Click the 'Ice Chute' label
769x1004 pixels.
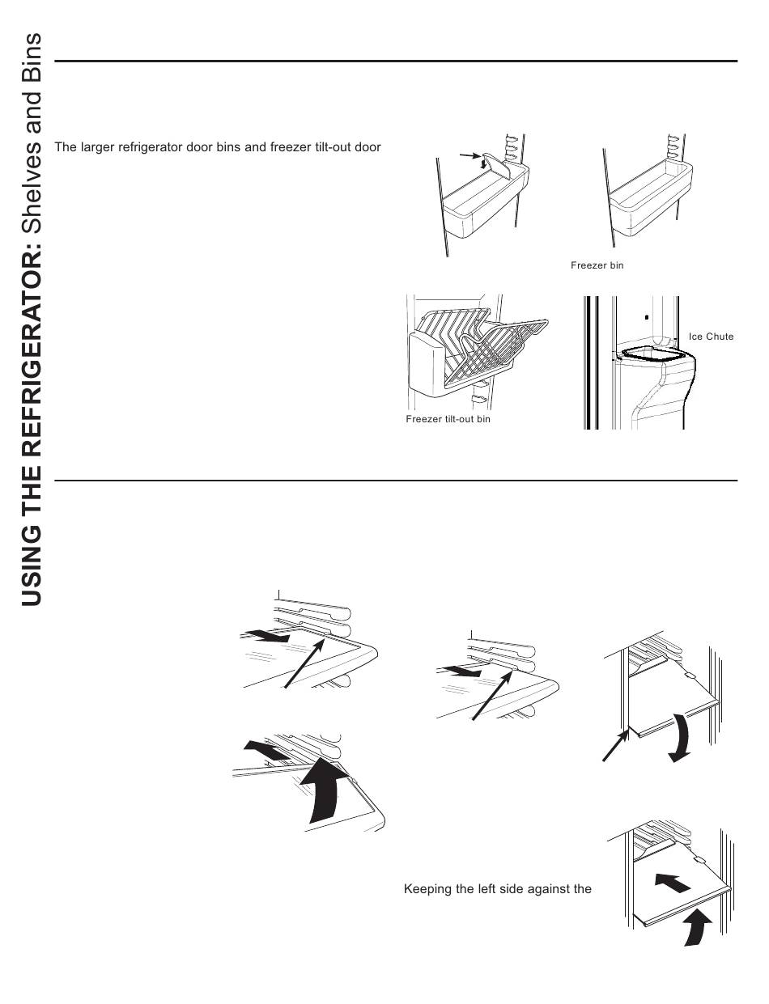711,337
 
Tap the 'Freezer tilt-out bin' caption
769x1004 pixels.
448,419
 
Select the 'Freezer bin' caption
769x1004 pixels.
597,265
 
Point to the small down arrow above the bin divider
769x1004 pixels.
484,164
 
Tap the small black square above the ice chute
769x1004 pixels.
647,317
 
